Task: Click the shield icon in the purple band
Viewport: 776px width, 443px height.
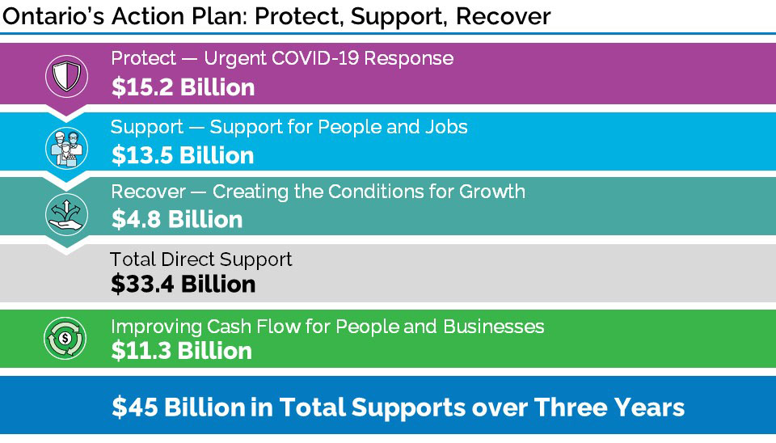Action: click(66, 76)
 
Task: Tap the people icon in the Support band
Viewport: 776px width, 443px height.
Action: click(66, 147)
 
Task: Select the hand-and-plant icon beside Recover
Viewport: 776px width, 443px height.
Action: click(66, 214)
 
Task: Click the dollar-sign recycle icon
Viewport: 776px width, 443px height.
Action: click(65, 338)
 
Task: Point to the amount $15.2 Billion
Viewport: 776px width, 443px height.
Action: click(183, 87)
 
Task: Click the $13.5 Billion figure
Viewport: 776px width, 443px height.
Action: click(182, 155)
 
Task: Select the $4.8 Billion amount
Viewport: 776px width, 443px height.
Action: click(177, 219)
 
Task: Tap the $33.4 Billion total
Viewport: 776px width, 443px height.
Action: click(183, 284)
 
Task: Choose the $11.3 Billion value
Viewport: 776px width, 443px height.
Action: click(181, 351)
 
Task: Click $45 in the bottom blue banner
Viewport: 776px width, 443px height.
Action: click(135, 407)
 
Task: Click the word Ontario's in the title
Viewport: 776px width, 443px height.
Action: click(53, 16)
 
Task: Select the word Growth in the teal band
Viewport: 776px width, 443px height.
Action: click(492, 192)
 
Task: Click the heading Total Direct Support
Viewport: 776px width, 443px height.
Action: click(201, 259)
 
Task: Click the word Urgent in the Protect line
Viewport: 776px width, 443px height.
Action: click(235, 59)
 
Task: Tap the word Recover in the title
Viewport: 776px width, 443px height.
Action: click(503, 16)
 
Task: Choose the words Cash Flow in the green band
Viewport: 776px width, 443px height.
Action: click(253, 327)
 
